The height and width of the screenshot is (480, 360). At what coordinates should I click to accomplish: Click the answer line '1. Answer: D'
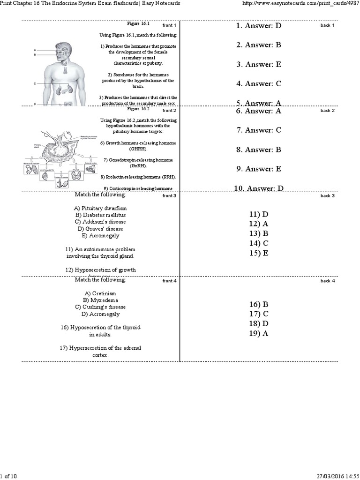[259, 26]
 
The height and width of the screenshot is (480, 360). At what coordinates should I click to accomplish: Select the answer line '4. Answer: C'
[259, 84]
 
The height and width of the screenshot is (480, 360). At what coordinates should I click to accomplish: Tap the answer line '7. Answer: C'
[259, 130]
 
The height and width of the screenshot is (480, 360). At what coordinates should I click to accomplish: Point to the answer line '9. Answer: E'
[259, 169]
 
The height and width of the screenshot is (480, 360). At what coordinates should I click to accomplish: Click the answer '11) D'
[259, 214]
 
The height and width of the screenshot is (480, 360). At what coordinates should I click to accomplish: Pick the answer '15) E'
[259, 253]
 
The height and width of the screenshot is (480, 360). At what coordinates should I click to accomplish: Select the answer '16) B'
[259, 304]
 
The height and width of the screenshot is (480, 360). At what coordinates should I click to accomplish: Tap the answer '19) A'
[259, 334]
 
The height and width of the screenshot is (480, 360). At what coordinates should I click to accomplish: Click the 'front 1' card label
[169, 25]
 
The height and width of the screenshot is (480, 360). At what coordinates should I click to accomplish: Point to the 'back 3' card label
[327, 196]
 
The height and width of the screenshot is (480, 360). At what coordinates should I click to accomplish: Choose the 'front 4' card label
[169, 281]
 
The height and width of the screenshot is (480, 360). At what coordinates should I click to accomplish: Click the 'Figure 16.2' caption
[138, 109]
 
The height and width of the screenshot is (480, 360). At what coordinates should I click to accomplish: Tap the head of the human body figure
[63, 50]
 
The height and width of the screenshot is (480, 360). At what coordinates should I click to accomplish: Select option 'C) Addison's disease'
[100, 222]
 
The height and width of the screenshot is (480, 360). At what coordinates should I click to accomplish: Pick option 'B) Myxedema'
[100, 300]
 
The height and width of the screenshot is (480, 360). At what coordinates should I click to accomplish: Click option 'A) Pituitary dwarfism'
[100, 208]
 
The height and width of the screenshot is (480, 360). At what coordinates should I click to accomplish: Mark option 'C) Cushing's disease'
[100, 307]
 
